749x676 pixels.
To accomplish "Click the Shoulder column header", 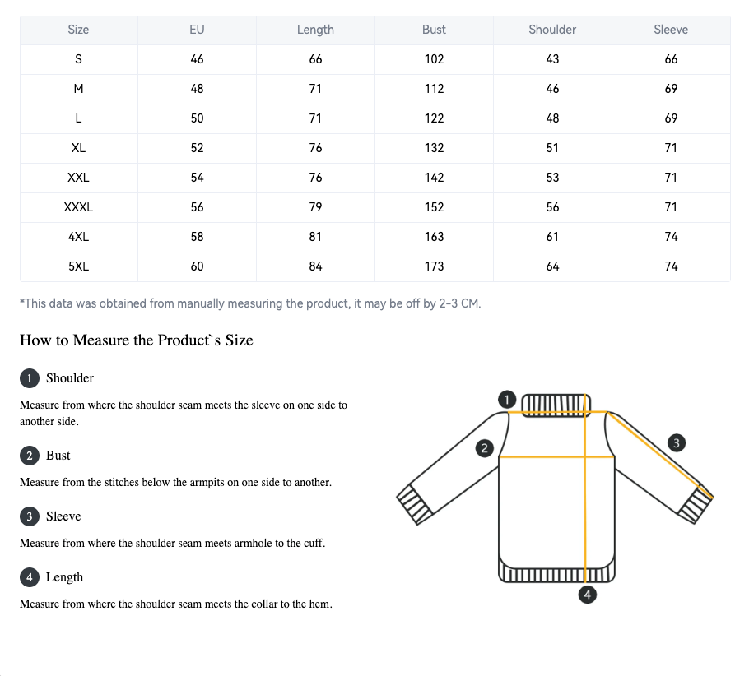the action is (552, 30).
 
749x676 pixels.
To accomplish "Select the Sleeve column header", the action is (671, 30).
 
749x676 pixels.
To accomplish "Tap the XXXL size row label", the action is (78, 207).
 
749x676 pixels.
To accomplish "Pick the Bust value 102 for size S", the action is (434, 59).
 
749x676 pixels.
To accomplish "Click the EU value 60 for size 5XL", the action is (197, 266).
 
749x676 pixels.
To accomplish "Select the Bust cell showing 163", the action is (434, 237).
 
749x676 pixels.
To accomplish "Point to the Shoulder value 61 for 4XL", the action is (552, 237).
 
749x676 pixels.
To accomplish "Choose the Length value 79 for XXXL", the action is (315, 207).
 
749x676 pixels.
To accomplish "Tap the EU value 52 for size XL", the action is (197, 148).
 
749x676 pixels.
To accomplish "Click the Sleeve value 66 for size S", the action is (671, 59).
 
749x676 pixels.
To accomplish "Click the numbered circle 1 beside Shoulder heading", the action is (29, 378).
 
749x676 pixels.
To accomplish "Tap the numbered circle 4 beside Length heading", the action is (29, 577).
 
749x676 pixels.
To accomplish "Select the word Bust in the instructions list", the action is (58, 456).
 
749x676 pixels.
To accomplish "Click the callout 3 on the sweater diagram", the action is (676, 443).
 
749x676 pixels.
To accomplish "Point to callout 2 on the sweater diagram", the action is (484, 448).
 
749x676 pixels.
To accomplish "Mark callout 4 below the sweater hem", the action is (587, 595).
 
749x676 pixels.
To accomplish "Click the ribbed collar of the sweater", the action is (556, 405).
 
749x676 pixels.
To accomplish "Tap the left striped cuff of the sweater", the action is (415, 505).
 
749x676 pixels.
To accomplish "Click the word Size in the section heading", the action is (239, 340).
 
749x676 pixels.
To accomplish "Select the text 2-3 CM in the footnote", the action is (459, 303).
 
